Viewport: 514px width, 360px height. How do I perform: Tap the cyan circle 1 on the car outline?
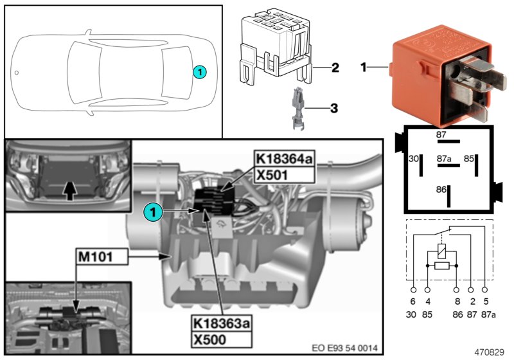200,72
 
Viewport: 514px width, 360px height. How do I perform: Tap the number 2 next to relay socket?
335,67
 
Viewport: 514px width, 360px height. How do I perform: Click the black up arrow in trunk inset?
72,189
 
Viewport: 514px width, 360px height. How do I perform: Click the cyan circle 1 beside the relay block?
151,210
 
